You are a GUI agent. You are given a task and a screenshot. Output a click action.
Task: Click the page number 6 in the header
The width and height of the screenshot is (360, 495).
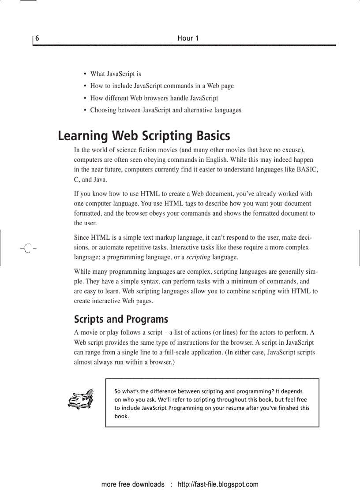pyautogui.click(x=37, y=38)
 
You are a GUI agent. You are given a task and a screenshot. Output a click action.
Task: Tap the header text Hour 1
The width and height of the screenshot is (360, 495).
pyautogui.click(x=188, y=38)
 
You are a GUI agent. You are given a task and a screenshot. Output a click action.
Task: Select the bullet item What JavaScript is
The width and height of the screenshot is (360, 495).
pyautogui.click(x=116, y=74)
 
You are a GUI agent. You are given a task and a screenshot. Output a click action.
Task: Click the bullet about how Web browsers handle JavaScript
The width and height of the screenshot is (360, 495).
pyautogui.click(x=154, y=98)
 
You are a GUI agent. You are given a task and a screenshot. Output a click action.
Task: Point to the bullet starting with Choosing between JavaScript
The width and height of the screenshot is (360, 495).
pyautogui.click(x=165, y=110)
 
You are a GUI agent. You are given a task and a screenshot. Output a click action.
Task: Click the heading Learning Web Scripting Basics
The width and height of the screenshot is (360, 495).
pyautogui.click(x=144, y=135)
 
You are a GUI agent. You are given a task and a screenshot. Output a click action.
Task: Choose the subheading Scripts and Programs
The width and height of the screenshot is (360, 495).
pyautogui.click(x=121, y=319)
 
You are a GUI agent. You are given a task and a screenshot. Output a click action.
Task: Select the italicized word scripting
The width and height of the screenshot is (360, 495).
pyautogui.click(x=198, y=257)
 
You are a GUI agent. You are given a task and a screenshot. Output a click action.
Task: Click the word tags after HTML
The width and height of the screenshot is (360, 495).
pyautogui.click(x=187, y=204)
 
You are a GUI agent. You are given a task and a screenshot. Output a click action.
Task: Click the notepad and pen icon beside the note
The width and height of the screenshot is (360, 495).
pyautogui.click(x=81, y=399)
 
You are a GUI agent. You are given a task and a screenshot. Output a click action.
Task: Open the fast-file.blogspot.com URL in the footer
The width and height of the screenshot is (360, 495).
pyautogui.click(x=218, y=484)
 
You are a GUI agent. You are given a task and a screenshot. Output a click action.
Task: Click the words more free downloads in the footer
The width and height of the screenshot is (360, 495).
pyautogui.click(x=133, y=484)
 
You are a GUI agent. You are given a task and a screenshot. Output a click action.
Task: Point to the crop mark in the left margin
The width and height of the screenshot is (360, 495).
pyautogui.click(x=27, y=248)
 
